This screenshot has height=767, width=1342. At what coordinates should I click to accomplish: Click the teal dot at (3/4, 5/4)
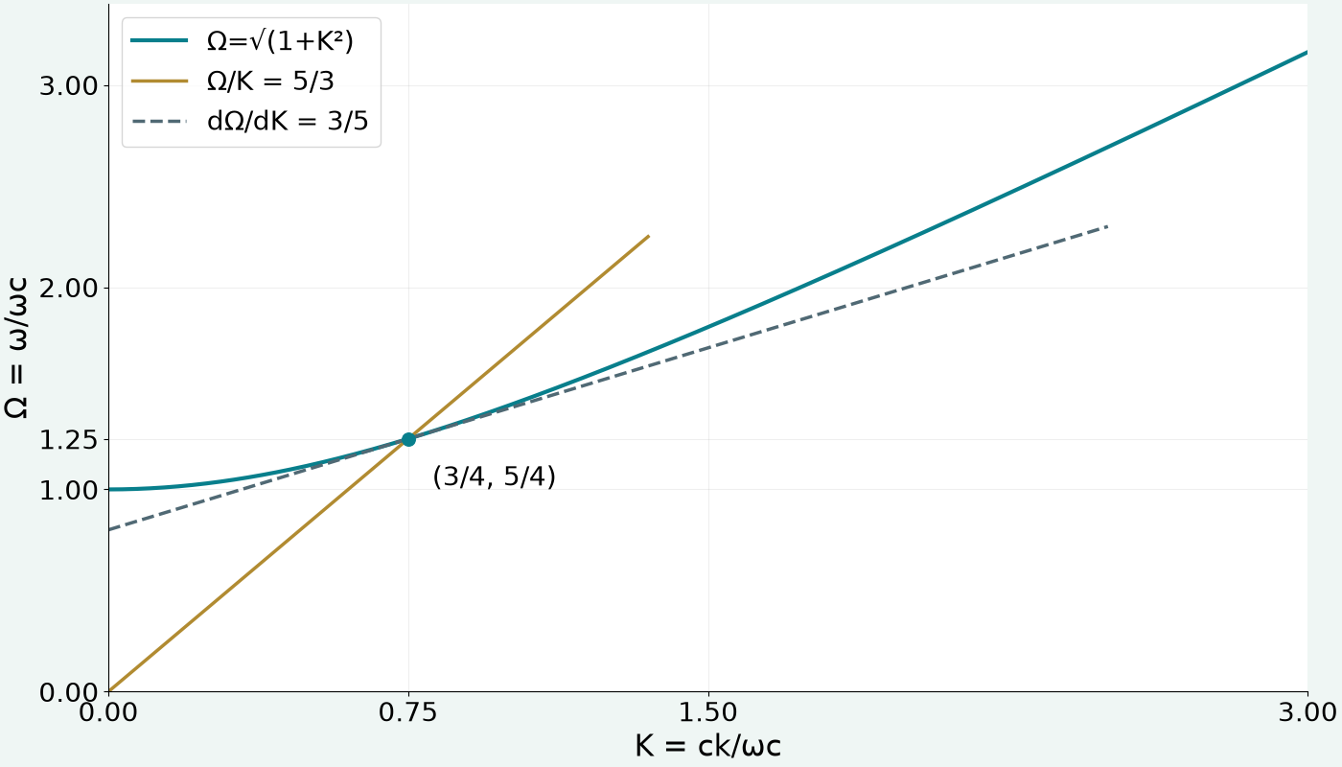coord(408,439)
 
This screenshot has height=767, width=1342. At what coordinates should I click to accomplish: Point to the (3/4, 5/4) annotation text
coord(495,477)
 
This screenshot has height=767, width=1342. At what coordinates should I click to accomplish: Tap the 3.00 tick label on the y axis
coord(68,86)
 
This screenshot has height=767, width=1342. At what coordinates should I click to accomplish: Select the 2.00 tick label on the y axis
coord(68,289)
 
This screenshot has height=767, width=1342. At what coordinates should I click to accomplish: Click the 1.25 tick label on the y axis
coord(68,440)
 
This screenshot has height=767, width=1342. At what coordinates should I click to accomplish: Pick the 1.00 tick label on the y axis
coord(68,490)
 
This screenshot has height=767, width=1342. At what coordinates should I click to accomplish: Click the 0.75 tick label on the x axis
coord(408,712)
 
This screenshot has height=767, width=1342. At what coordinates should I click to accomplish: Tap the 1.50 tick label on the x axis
coord(708,712)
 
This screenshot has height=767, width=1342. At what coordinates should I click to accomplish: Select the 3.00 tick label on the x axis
coord(1307,712)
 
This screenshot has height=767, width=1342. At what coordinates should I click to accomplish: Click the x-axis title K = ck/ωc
coord(708,746)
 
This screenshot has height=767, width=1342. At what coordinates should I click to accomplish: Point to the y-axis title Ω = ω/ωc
coord(15,347)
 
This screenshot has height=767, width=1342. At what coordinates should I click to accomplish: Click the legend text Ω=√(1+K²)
coord(280,40)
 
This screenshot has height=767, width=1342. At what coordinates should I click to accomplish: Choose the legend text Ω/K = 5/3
coord(270,81)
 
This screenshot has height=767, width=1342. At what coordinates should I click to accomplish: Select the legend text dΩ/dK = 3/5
coord(288,121)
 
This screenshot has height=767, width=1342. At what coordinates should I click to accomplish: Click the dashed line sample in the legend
coord(159,121)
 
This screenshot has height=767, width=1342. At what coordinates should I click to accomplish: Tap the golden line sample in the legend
coord(159,81)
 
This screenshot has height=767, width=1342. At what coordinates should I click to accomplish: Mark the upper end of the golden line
coord(649,236)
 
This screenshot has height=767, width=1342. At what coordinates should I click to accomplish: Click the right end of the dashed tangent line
coord(1108,226)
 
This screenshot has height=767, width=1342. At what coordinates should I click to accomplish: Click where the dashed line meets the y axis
coord(109,529)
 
